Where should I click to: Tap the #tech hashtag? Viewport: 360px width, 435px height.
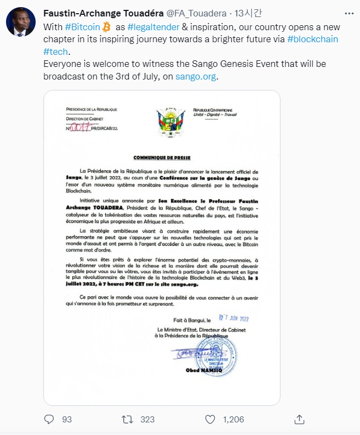[x=55, y=52]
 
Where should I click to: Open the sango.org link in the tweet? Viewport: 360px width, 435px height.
[x=196, y=77]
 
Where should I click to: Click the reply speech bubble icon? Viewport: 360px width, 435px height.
[x=49, y=419]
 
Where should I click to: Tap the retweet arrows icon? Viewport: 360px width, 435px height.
[x=127, y=419]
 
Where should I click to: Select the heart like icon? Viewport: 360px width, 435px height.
[x=210, y=419]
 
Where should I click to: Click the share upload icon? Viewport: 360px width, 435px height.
[x=299, y=419]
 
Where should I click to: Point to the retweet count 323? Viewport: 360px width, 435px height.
[x=147, y=419]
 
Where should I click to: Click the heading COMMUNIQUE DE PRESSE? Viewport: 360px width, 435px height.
[x=162, y=157]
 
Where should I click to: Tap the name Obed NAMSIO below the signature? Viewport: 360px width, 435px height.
[x=227, y=370]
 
